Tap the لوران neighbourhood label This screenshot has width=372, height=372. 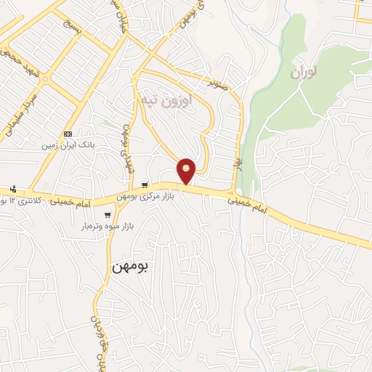(305, 73)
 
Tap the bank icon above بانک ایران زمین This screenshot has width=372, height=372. (68, 134)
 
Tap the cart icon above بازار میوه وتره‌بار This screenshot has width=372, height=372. (108, 215)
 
